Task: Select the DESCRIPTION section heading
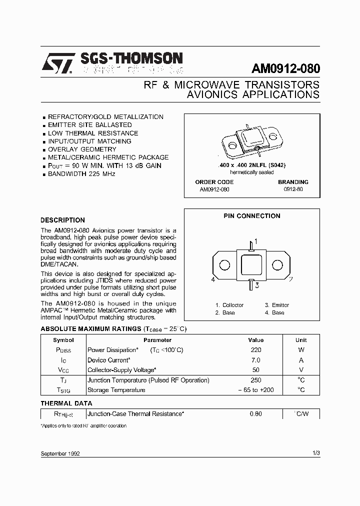pos(62,220)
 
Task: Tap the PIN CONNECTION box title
pos(251,216)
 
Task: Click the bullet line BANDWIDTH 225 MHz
pos(81,174)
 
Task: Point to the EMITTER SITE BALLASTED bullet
pos(89,125)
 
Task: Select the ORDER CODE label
pos(214,182)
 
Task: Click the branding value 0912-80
pos(293,190)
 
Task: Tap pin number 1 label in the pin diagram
pos(256,241)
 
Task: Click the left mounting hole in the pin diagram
pos(225,265)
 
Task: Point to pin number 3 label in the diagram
pos(256,285)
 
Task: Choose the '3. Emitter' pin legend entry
pos(277,305)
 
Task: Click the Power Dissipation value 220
pos(255,350)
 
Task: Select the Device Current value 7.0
pos(255,360)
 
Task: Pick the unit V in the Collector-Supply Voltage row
pos(301,370)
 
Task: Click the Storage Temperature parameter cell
pos(116,390)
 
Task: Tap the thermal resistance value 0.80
pos(255,414)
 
